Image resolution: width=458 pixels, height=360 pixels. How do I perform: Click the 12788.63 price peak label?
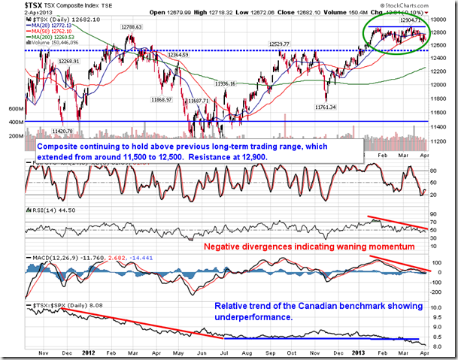tap(130, 27)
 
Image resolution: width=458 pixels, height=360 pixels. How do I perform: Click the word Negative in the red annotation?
tap(226, 246)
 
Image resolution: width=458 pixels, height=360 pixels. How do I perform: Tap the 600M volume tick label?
tap(14, 109)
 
